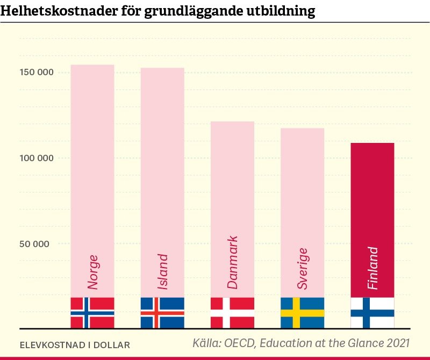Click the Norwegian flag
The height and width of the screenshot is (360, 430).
click(x=92, y=313)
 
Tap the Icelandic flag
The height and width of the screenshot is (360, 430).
click(x=162, y=313)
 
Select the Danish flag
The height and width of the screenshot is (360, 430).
click(x=232, y=313)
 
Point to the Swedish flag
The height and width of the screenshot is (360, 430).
click(x=302, y=313)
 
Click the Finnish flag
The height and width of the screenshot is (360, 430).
click(x=372, y=313)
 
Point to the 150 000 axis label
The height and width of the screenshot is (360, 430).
click(x=35, y=73)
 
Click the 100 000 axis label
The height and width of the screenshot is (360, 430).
click(x=35, y=158)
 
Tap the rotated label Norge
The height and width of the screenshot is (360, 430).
click(x=93, y=272)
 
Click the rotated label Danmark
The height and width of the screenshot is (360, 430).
click(x=232, y=262)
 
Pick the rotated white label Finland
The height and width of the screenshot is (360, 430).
click(x=372, y=268)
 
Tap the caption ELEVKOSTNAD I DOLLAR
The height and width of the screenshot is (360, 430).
click(x=75, y=343)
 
